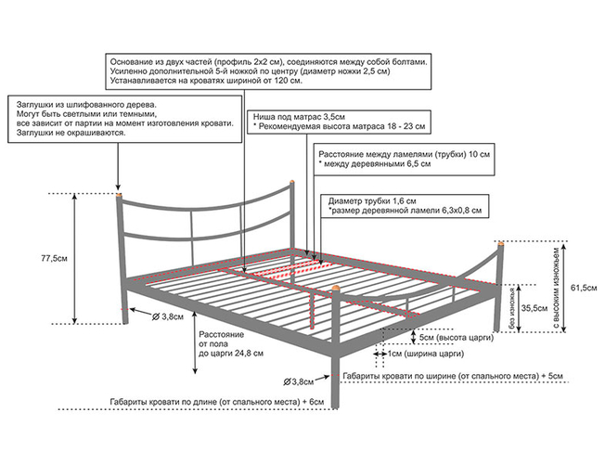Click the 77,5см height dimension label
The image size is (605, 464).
(x=52, y=257)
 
